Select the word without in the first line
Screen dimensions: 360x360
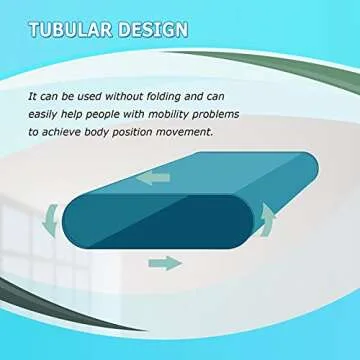153,97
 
